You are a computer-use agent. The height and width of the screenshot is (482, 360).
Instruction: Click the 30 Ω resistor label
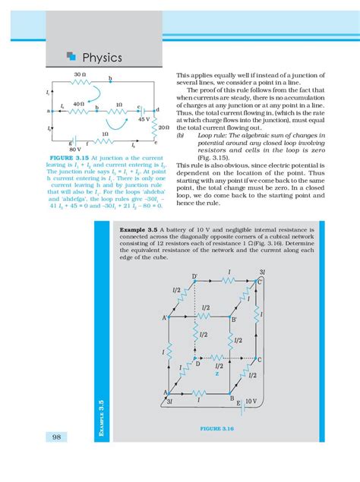(x=80, y=74)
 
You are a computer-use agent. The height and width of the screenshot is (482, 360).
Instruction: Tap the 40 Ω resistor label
(x=78, y=103)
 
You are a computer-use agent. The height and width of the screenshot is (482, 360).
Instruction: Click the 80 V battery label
(x=74, y=150)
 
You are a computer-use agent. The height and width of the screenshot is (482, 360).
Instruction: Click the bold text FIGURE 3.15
(x=69, y=158)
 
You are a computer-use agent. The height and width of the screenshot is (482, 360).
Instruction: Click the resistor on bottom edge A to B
(x=199, y=392)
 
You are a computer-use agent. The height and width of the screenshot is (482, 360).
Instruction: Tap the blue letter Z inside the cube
(x=216, y=374)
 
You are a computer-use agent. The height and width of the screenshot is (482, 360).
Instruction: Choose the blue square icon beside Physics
(x=71, y=56)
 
